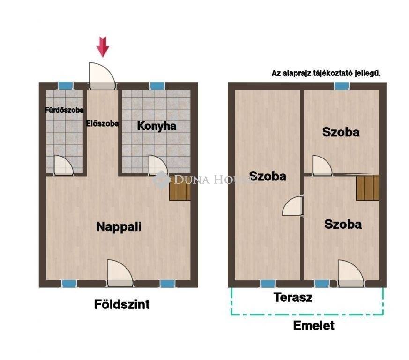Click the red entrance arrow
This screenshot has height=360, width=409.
click(103, 47)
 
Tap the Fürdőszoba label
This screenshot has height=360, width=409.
click(64, 110)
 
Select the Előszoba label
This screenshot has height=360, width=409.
click(103, 123)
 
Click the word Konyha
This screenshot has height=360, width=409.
click(157, 126)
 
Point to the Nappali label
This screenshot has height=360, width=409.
click(119, 226)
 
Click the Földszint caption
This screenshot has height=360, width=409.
click(122, 304)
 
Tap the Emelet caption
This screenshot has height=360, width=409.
click(314, 325)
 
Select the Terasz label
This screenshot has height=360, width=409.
click(293, 297)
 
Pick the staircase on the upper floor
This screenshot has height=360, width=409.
click(367, 187)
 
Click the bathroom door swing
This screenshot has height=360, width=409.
click(63, 165)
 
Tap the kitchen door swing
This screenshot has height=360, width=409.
click(158, 165)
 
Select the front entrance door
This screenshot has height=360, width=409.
click(102, 76)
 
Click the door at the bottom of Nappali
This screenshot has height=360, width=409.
click(120, 273)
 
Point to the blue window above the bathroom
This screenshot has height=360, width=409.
click(66, 86)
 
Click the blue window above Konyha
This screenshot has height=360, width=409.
click(157, 86)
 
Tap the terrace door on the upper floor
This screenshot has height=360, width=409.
click(351, 273)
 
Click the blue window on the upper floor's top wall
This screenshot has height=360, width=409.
click(342, 86)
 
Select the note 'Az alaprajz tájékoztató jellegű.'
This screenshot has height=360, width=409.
click(326, 73)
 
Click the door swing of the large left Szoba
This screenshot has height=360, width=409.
click(293, 206)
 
